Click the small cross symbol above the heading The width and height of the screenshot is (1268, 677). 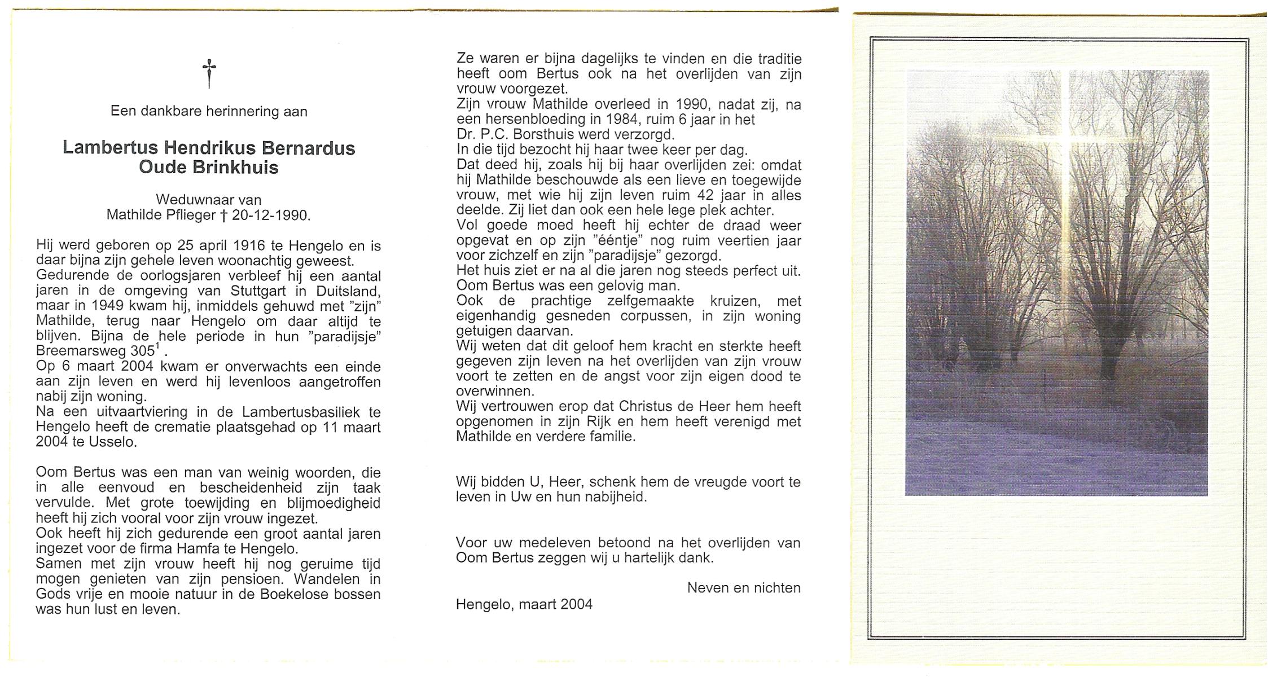pos(209,73)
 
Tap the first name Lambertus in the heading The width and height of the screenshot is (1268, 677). pos(110,148)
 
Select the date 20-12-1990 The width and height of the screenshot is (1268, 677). pos(271,215)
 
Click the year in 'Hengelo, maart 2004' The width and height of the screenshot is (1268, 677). pos(577,605)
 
